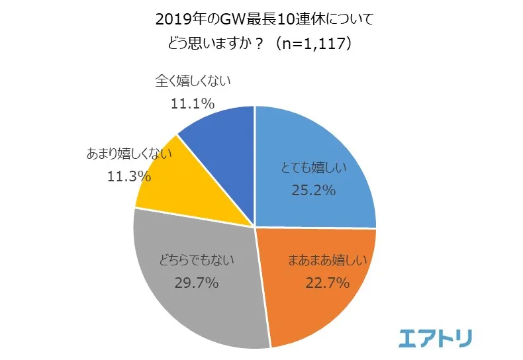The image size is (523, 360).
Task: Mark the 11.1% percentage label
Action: [192, 103]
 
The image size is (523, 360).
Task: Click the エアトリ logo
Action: [436, 338]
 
